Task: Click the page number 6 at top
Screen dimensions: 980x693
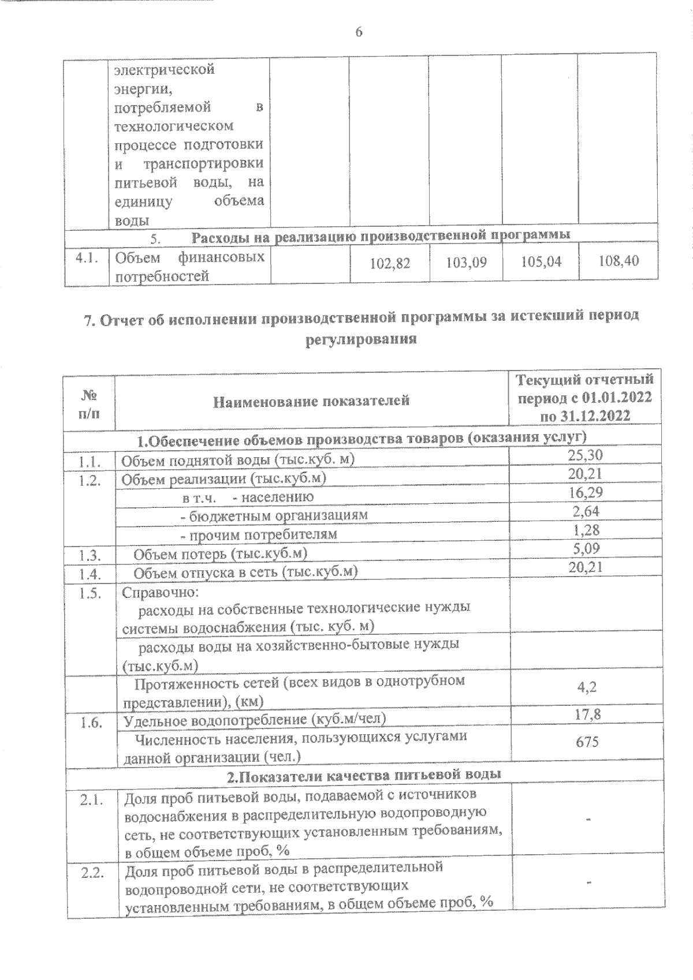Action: point(359,33)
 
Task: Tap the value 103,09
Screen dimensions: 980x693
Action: point(467,263)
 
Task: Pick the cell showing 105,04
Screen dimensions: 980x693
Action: point(541,262)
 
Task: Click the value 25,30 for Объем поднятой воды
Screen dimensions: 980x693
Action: point(584,455)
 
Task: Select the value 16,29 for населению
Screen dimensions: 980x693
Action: point(584,492)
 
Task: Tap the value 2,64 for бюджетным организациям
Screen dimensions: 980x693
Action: point(586,511)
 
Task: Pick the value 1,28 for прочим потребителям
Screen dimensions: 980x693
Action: point(586,529)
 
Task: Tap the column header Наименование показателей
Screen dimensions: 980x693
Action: point(311,401)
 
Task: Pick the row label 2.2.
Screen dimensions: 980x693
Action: point(92,873)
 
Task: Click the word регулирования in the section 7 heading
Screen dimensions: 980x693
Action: point(362,339)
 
